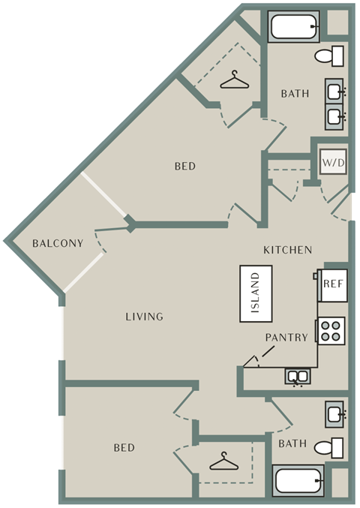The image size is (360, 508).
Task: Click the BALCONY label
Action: pyautogui.click(x=58, y=243)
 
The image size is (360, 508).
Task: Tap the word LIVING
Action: pyautogui.click(x=145, y=317)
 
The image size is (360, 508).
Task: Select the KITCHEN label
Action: pyautogui.click(x=288, y=250)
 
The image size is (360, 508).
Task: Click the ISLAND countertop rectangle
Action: pyautogui.click(x=256, y=293)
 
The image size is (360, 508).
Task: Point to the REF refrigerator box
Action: pyautogui.click(x=333, y=285)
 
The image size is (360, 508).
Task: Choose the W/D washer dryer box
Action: pyautogui.click(x=333, y=161)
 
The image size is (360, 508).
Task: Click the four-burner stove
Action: pyautogui.click(x=331, y=331)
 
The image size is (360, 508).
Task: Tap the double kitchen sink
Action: pyautogui.click(x=298, y=377)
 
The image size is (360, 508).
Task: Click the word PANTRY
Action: pyautogui.click(x=286, y=338)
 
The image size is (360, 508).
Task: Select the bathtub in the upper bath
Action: pyautogui.click(x=294, y=26)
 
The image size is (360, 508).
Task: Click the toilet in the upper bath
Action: pyautogui.click(x=329, y=56)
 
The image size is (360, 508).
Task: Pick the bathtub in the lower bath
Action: pyautogui.click(x=298, y=481)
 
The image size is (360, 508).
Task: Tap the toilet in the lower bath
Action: pyautogui.click(x=329, y=448)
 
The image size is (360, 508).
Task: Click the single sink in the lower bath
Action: pyautogui.click(x=334, y=414)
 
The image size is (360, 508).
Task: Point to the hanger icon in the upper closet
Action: pyautogui.click(x=235, y=80)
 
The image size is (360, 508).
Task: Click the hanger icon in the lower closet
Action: pyautogui.click(x=224, y=461)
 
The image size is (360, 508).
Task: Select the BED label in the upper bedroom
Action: pyautogui.click(x=185, y=166)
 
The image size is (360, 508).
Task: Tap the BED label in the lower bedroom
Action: pyautogui.click(x=124, y=448)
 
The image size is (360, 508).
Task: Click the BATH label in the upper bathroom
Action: pyautogui.click(x=295, y=94)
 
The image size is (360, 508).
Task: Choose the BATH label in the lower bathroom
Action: pyautogui.click(x=292, y=443)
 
